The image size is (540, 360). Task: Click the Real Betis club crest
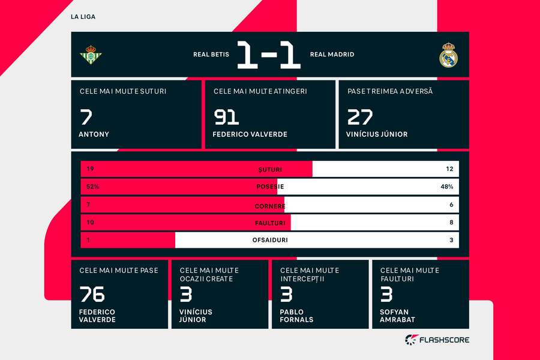point(91,55)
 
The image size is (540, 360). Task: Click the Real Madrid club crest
point(448,55)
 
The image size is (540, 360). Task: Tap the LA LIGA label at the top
point(83,17)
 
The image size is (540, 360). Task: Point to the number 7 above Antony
point(86,116)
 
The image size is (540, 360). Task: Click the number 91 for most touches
point(226,116)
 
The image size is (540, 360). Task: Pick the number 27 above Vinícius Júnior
point(359,116)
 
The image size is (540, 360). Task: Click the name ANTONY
point(94,134)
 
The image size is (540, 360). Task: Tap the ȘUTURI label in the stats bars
point(270,169)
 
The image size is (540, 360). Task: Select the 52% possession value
point(92,187)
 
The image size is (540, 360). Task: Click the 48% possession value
point(446,187)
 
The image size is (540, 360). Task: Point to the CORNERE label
point(270,205)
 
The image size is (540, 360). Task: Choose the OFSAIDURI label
point(270,240)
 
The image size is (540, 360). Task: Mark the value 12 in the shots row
point(449,169)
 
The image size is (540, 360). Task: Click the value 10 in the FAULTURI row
point(90,222)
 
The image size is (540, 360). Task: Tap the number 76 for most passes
point(92,294)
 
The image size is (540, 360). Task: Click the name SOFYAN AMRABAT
point(397,316)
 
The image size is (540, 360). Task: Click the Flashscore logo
point(437,340)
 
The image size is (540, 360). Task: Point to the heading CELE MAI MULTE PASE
point(119,271)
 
